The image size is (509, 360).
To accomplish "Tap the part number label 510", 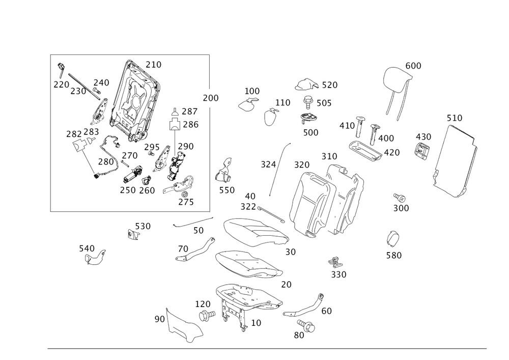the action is [455, 118].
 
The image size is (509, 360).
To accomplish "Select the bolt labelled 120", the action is [207, 315].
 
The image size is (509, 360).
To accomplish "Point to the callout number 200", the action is [211, 98].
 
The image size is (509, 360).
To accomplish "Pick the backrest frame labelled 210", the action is [134, 101].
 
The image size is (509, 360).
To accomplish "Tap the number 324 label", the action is [268, 164].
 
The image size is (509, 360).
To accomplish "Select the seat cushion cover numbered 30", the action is [256, 232].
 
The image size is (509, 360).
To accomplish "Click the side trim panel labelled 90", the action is [183, 326].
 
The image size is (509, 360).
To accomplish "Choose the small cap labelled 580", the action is [393, 239].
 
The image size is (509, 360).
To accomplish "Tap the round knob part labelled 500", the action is [308, 118].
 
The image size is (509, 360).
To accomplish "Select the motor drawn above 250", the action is [132, 175].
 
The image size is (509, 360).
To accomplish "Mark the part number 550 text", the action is [227, 190].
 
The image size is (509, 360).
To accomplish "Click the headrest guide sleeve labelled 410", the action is [360, 126].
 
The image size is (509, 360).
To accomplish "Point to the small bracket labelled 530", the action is [132, 234].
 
